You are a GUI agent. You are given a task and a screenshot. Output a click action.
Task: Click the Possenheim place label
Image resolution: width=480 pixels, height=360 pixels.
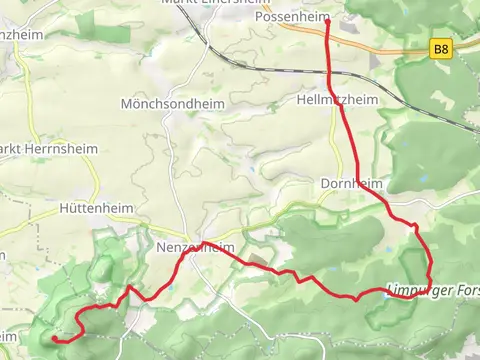click(x=293, y=17)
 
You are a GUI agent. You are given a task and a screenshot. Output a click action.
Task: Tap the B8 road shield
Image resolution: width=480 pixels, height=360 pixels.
click(x=441, y=47)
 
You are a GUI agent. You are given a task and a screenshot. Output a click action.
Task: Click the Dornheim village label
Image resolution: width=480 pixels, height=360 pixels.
click(x=352, y=184)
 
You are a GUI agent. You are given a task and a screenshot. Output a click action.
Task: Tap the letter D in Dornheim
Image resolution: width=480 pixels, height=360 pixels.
click(x=325, y=184)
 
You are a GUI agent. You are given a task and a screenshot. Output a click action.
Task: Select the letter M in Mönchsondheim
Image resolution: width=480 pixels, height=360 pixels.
click(x=125, y=104)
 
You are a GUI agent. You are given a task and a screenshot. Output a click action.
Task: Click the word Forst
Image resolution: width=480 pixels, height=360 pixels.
click(x=464, y=291)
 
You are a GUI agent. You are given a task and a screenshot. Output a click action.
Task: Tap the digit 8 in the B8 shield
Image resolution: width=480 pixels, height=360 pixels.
click(x=445, y=47)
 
